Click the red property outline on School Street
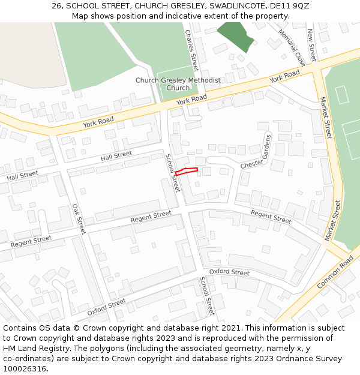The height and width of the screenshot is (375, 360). point(186,172)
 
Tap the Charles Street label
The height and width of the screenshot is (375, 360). point(192,50)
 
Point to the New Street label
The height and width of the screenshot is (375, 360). point(311,45)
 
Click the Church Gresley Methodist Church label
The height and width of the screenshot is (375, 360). point(178,84)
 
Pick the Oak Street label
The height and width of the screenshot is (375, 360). point(79,218)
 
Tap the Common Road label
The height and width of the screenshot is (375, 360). point(335,272)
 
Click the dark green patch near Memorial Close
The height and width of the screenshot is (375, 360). point(235,36)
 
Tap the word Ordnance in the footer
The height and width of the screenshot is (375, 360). point(292,359)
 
